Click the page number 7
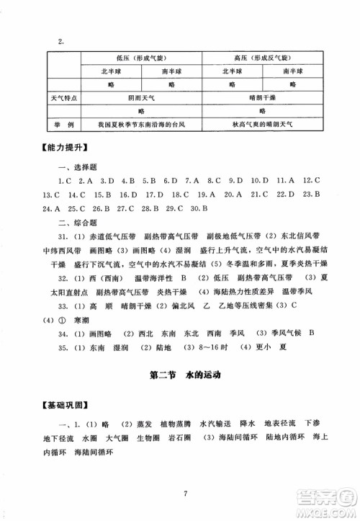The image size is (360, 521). (185, 494)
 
